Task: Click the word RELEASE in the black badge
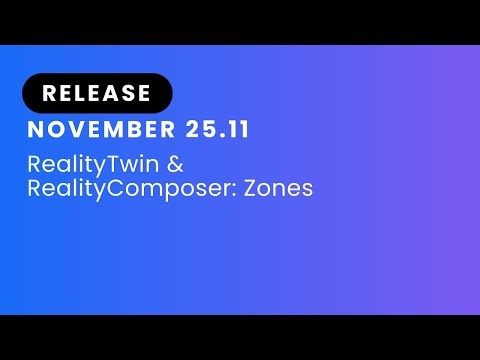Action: tap(97, 94)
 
